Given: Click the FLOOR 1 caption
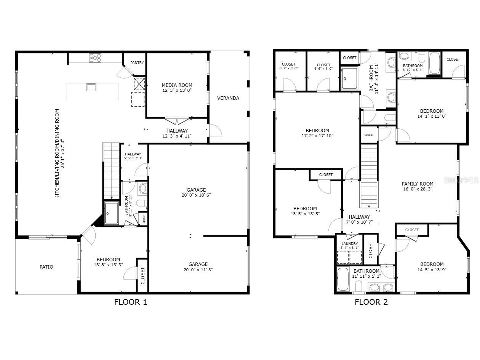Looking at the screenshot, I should pos(130,302).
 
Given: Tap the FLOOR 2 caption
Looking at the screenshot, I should pos(371,302).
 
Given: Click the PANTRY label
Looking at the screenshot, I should pos(137,63).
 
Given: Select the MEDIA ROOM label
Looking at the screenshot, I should pos(177,85).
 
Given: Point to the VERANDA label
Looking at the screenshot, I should pos(228,98).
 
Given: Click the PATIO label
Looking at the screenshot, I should pos(46,267).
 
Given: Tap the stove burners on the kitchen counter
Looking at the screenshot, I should pos(95,58).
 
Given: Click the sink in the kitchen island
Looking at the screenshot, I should pos(91,87).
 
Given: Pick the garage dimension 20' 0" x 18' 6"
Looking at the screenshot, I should pos(196,195).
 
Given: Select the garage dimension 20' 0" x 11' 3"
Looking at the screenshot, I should pos(198,269).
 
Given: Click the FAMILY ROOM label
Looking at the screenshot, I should pos(418,184).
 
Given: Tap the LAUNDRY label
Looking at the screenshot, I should pos(349,244).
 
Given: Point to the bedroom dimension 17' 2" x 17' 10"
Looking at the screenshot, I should pos(317,135).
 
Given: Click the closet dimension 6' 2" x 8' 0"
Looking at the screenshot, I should pos(288,69).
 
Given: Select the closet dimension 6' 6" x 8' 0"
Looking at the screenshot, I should pos(323,69).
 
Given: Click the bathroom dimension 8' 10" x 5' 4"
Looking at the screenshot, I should pos(413,70).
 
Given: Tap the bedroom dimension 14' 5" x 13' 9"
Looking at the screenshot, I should pos(432,269).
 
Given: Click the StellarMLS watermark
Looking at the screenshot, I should pos(462,180).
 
